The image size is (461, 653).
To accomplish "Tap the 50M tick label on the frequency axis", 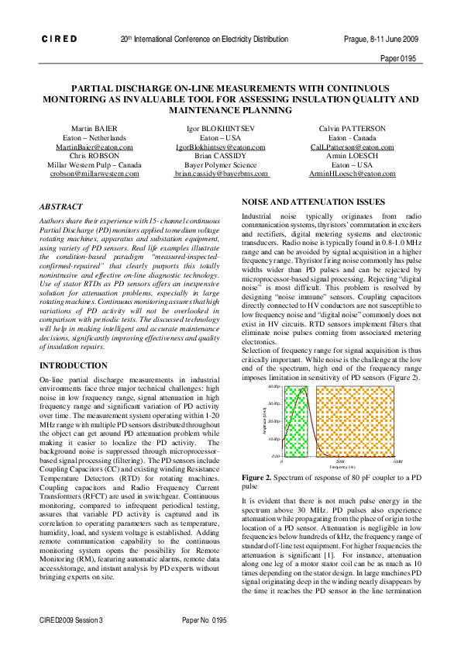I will (339, 461).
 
